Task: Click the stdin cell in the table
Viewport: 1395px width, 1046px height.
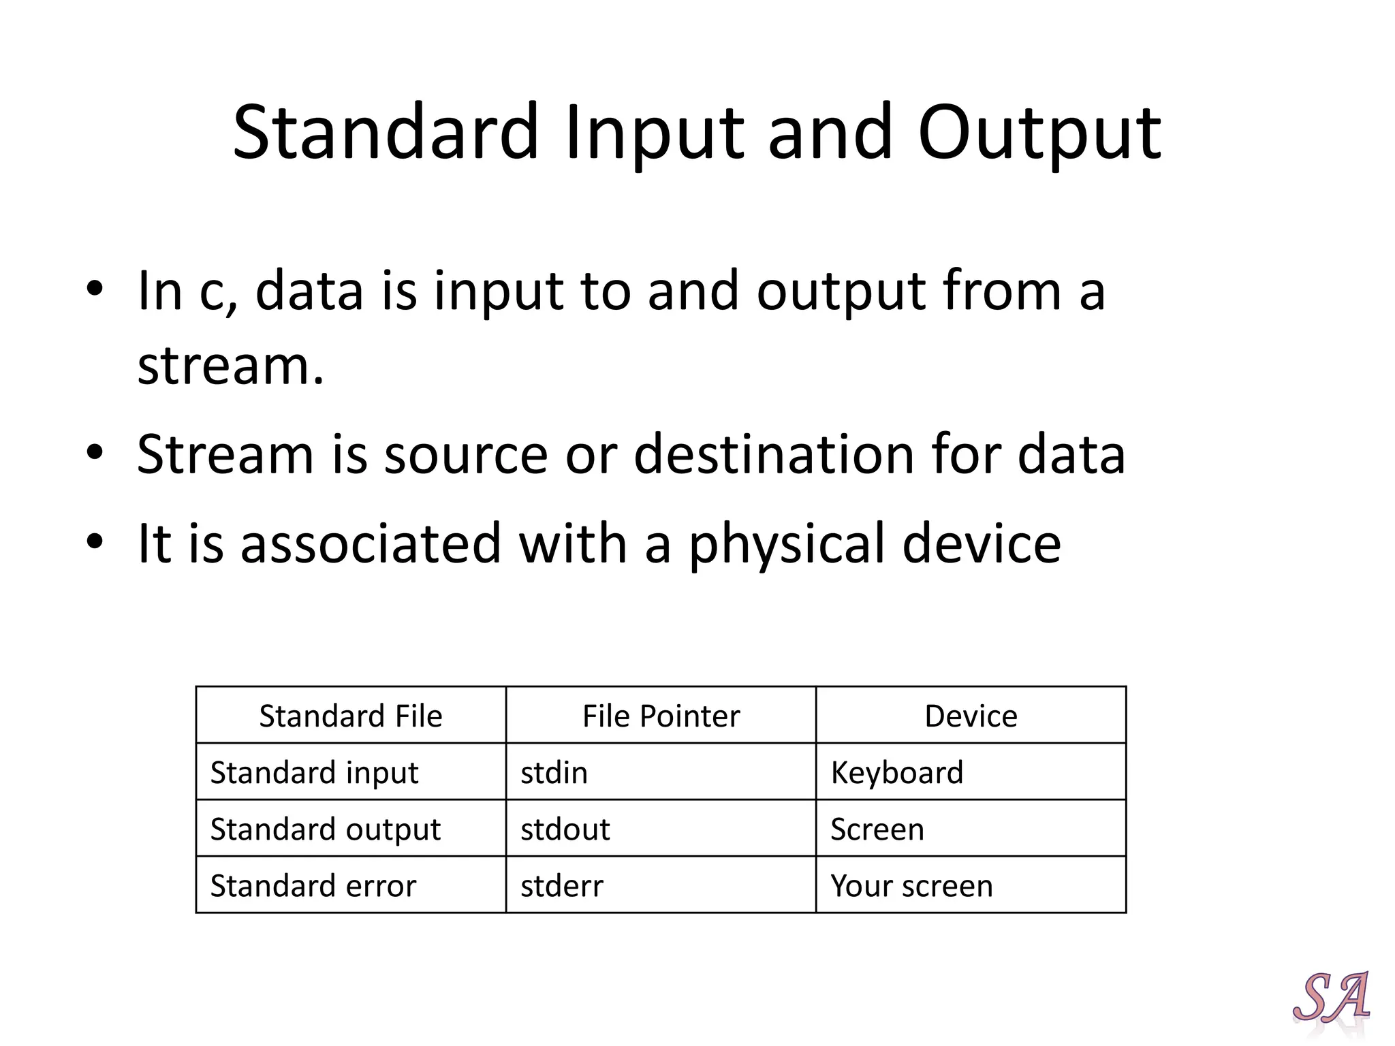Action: pyautogui.click(x=554, y=772)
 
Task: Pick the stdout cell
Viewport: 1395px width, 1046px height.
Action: pyautogui.click(x=565, y=829)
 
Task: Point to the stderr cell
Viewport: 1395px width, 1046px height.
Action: pyautogui.click(x=561, y=885)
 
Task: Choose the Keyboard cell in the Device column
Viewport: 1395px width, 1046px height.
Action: pyautogui.click(x=896, y=772)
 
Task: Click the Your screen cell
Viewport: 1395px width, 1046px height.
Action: pyautogui.click(x=911, y=885)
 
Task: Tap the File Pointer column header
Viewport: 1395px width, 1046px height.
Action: pyautogui.click(x=661, y=716)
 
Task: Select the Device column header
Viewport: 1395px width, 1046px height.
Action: pyautogui.click(x=971, y=716)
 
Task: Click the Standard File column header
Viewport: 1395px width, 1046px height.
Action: pyautogui.click(x=351, y=716)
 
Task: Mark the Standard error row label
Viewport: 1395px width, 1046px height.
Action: pyautogui.click(x=313, y=885)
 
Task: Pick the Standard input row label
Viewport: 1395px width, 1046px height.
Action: pyautogui.click(x=314, y=772)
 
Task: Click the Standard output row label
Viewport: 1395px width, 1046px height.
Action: pyautogui.click(x=326, y=829)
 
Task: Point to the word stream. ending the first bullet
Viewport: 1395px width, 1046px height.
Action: pyautogui.click(x=230, y=366)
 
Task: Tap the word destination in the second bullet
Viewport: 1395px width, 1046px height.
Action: pyautogui.click(x=774, y=454)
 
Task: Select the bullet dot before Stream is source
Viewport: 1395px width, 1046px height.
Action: pyautogui.click(x=95, y=452)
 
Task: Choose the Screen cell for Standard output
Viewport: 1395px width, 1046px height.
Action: pyautogui.click(x=877, y=829)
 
